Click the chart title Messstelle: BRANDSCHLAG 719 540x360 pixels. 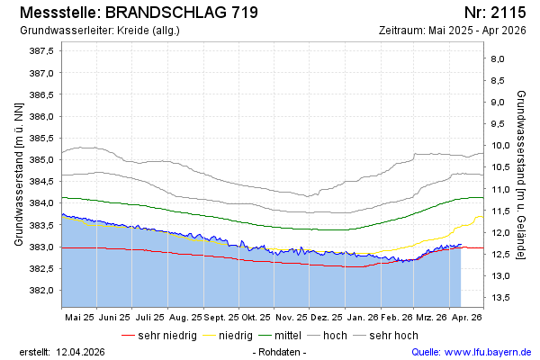point(138,13)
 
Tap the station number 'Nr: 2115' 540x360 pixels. point(495,13)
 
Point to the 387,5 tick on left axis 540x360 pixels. point(42,51)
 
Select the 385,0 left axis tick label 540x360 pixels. point(42,160)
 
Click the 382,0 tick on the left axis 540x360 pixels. point(42,291)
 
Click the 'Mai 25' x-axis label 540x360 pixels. point(79,318)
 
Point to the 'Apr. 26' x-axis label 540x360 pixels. point(466,318)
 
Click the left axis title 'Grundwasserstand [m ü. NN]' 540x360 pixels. point(18,174)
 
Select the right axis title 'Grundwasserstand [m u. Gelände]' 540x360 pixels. point(522,174)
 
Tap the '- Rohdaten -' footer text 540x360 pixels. point(281,351)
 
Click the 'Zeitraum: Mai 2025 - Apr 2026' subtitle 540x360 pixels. point(454,31)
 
